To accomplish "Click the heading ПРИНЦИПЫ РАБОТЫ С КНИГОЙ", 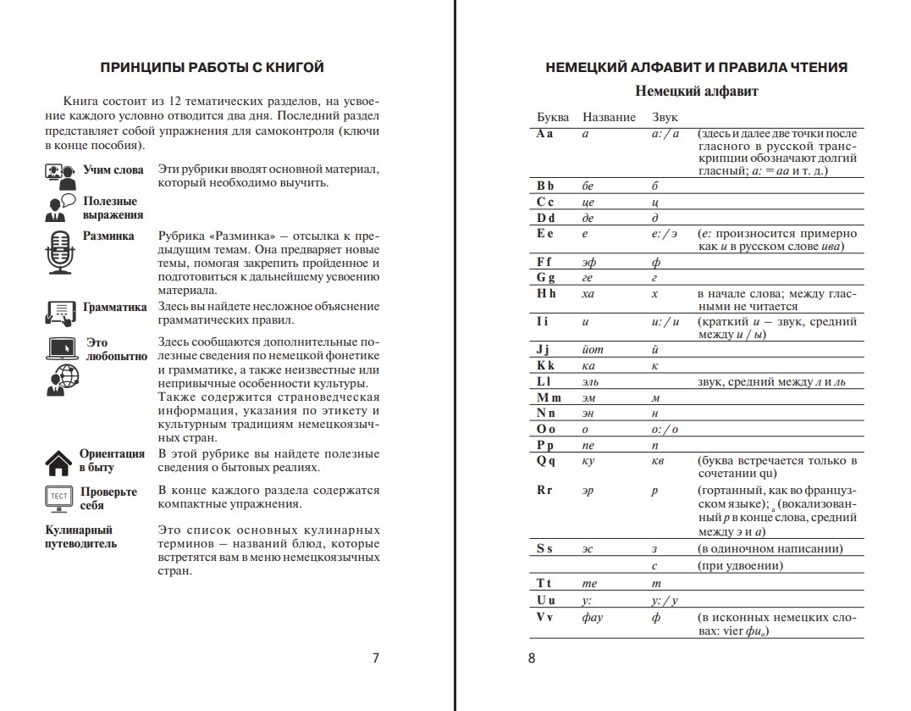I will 212,68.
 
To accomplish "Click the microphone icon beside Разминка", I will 59,251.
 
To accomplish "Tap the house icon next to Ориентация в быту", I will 58,462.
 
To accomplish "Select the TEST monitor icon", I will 58,497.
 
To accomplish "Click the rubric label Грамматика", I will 114,308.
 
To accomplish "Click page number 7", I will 376,658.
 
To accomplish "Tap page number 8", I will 532,658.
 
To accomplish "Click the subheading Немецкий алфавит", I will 696,92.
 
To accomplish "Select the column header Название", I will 610,117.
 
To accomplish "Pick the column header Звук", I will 665,117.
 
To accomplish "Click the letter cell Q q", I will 546,461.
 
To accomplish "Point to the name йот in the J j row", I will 594,349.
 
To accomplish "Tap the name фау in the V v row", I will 593,618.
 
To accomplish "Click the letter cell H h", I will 546,294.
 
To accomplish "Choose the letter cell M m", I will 549,397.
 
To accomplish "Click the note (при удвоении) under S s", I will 740,566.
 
